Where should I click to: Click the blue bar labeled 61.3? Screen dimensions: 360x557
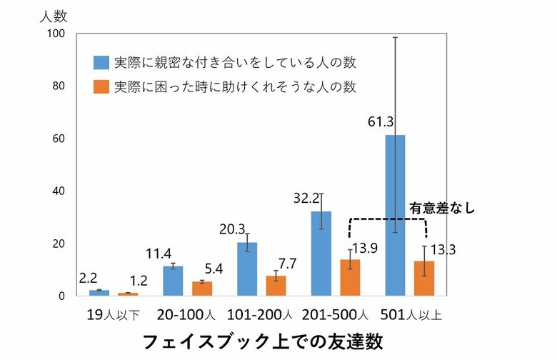(395, 215)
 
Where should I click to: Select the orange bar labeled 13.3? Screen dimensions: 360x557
(424, 278)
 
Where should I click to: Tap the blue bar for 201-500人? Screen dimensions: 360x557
(321, 253)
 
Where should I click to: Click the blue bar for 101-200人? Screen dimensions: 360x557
(247, 269)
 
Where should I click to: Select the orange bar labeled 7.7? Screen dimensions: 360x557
(276, 285)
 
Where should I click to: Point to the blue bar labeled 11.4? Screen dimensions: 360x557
(173, 281)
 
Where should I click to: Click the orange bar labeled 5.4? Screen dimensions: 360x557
(202, 289)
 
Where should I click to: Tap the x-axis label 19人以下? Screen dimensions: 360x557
(113, 314)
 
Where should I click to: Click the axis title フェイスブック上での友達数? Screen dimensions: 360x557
(267, 340)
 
